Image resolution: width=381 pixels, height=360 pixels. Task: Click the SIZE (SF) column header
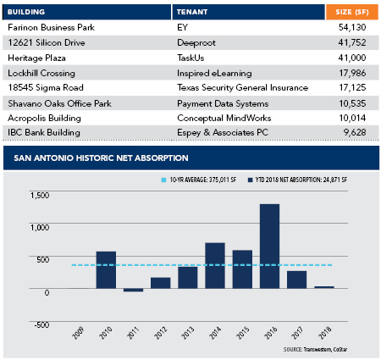[352, 12]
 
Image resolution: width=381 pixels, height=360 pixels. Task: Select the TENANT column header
[192, 12]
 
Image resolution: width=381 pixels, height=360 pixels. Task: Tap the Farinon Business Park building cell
[51, 27]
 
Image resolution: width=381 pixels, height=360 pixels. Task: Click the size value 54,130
[352, 27]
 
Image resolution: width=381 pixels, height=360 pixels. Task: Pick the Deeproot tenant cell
[196, 43]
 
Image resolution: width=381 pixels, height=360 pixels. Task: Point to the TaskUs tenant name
[190, 58]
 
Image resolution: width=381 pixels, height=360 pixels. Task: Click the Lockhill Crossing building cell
[41, 73]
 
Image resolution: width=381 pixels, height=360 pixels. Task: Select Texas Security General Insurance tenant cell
[242, 87]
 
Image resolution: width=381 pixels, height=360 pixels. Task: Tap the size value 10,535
[352, 103]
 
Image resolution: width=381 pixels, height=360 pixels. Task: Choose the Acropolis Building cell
[44, 118]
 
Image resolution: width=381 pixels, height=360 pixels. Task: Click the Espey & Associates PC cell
[223, 132]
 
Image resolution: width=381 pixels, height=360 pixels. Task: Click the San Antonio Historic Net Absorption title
[101, 158]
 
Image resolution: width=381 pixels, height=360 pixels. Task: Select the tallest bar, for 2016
[269, 246]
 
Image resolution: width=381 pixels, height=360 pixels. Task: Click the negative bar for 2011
[133, 290]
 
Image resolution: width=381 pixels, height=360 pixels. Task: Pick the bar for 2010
[106, 270]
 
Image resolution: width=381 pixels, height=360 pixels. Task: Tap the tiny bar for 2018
[324, 287]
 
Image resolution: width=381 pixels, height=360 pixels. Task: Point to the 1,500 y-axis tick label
[40, 195]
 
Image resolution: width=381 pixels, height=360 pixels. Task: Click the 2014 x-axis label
[215, 333]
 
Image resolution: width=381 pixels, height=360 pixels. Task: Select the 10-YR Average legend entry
[199, 180]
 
